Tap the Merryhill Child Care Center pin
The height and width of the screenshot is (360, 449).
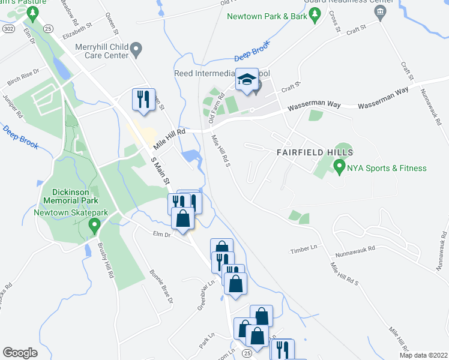pyautogui.click(x=137, y=50)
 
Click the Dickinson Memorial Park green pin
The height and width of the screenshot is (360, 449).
pyautogui.click(x=94, y=226)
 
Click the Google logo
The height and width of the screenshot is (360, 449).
pyautogui.click(x=20, y=353)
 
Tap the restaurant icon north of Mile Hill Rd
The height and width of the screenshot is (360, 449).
pyautogui.click(x=143, y=100)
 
